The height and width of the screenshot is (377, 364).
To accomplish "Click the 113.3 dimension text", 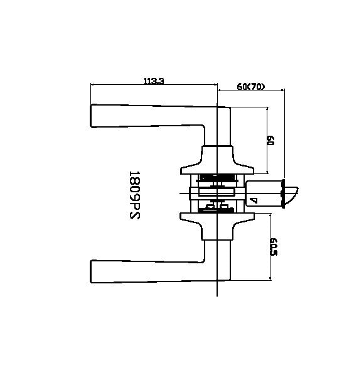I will point(153,80).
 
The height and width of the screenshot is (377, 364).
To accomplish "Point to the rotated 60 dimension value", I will point(271,141).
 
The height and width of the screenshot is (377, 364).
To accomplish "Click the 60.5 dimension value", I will point(274,246).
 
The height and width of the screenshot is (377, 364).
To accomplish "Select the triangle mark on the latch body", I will point(252,200).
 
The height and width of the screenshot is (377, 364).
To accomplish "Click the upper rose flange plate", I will point(217,169).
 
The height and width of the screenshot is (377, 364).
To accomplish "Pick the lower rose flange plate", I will point(217,217).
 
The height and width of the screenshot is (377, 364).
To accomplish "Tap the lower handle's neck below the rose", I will point(217,232).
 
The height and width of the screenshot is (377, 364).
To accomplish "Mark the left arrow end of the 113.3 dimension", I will point(92,85).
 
